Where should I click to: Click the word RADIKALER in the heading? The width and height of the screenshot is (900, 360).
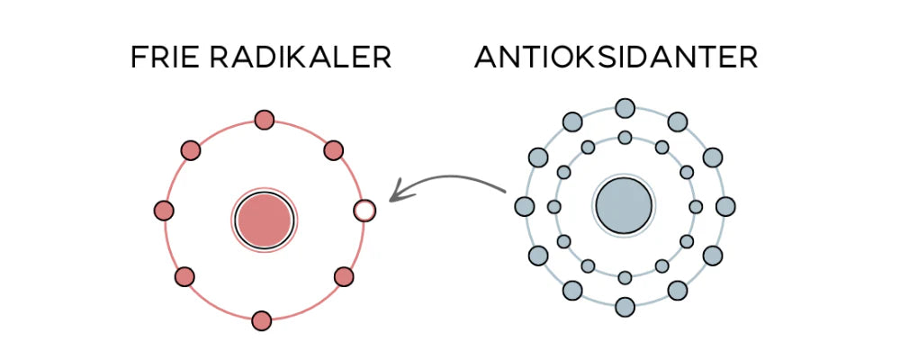(297, 57)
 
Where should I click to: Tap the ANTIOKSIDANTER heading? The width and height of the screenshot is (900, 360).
(616, 57)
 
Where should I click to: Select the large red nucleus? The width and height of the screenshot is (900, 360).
(264, 220)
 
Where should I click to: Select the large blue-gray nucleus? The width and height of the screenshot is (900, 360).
(624, 205)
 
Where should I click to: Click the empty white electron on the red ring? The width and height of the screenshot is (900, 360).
(364, 211)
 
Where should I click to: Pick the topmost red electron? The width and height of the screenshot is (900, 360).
(264, 120)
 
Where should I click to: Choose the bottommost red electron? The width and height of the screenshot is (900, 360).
(261, 320)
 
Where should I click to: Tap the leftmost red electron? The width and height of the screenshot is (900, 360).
(164, 211)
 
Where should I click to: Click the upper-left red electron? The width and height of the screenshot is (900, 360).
(191, 150)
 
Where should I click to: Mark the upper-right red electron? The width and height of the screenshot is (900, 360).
(334, 150)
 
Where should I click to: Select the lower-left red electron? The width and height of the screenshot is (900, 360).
(184, 276)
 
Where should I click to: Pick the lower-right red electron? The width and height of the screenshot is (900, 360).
(344, 276)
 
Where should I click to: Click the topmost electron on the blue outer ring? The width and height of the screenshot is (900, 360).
(625, 108)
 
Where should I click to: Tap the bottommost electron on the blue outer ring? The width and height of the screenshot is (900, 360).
(625, 307)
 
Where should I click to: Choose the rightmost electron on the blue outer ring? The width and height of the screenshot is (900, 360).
(725, 207)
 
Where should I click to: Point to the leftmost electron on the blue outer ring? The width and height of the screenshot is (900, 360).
(525, 207)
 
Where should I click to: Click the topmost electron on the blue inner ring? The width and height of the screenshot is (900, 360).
(625, 138)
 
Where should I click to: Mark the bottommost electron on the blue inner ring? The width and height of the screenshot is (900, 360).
(625, 278)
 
